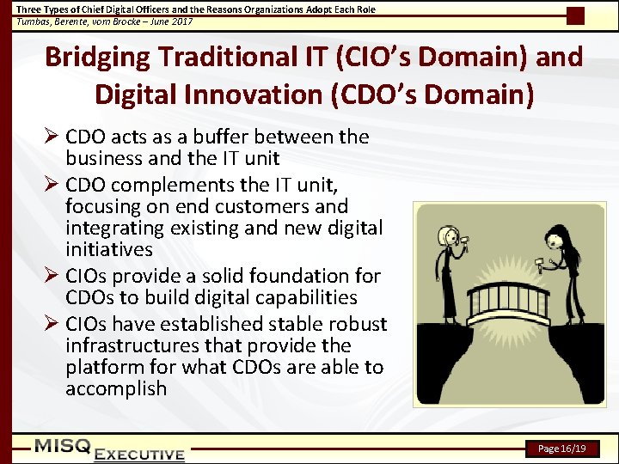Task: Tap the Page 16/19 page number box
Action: (561, 449)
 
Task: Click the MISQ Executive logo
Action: (109, 449)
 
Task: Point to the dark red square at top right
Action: (575, 15)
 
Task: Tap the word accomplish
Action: (116, 388)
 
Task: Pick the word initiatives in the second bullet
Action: (109, 250)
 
